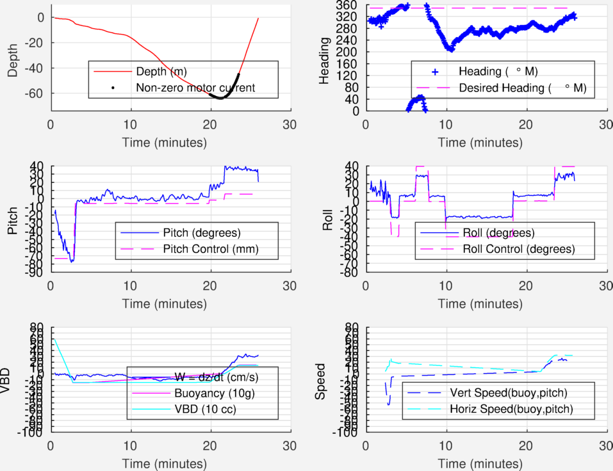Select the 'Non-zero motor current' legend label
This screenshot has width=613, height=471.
[x=195, y=88]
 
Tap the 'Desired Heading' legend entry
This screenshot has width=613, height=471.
[x=503, y=88]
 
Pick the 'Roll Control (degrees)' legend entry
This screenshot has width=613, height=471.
[x=518, y=248]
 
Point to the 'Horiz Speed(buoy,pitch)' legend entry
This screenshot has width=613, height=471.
[x=511, y=408]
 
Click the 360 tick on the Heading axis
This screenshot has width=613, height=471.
[x=348, y=5]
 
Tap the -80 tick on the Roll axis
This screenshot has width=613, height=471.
[x=350, y=273]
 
